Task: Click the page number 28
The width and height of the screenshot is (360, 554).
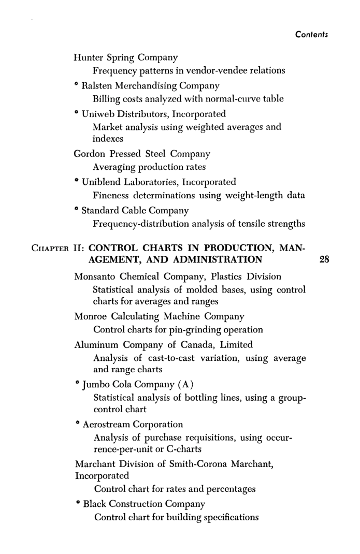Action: (325, 259)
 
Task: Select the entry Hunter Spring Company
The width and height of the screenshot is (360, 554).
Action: (126, 57)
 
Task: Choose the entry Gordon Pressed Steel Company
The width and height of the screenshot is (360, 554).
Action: (142, 154)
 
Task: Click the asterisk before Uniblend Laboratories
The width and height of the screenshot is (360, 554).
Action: (76, 181)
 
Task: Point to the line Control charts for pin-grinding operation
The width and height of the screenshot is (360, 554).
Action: (178, 329)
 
